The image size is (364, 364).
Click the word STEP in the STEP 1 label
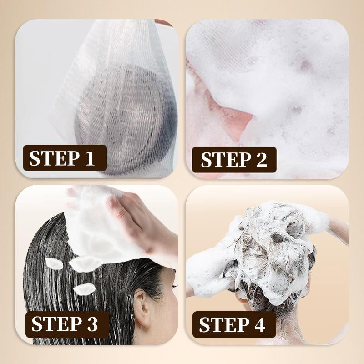click(x=54, y=158)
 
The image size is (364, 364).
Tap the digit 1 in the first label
click(x=90, y=158)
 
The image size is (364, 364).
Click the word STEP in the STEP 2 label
click(x=226, y=160)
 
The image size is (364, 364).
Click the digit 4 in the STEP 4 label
click(x=258, y=324)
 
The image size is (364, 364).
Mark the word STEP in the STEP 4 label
click(x=224, y=324)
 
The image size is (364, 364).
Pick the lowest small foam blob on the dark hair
click(x=84, y=289)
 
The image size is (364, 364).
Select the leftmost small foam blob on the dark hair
click(x=54, y=264)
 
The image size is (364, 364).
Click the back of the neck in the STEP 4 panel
click(x=288, y=325)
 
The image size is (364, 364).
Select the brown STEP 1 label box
click(x=65, y=158)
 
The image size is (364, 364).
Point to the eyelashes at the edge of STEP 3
click(x=175, y=286)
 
